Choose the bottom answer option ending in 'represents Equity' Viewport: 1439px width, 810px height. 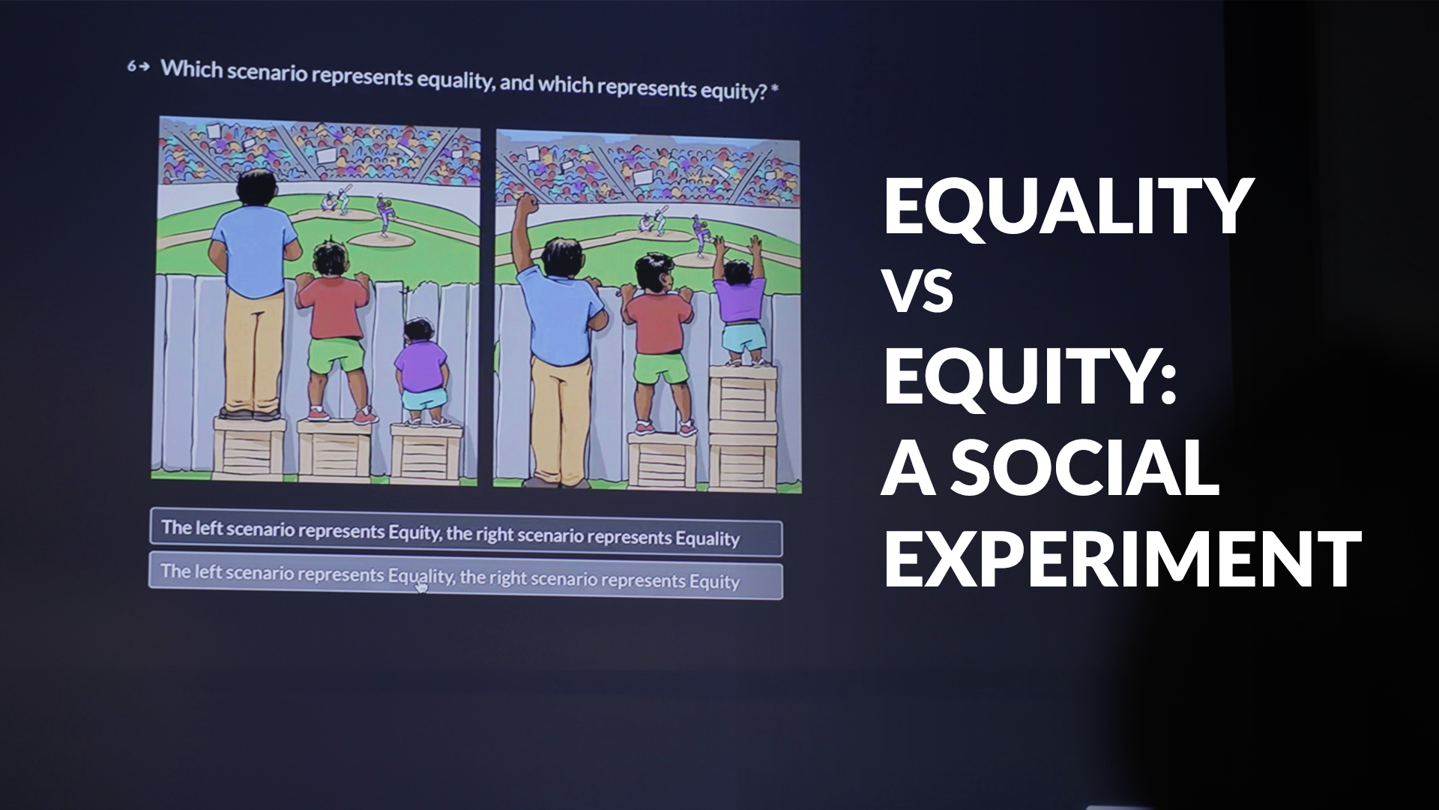(x=465, y=576)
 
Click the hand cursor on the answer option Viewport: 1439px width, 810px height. (x=421, y=587)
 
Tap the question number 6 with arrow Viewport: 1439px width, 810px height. (x=138, y=67)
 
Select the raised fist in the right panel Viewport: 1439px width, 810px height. (x=528, y=205)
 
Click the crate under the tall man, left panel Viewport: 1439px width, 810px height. (x=250, y=447)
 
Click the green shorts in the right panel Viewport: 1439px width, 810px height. (x=660, y=367)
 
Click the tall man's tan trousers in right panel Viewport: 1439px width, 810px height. (x=561, y=412)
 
